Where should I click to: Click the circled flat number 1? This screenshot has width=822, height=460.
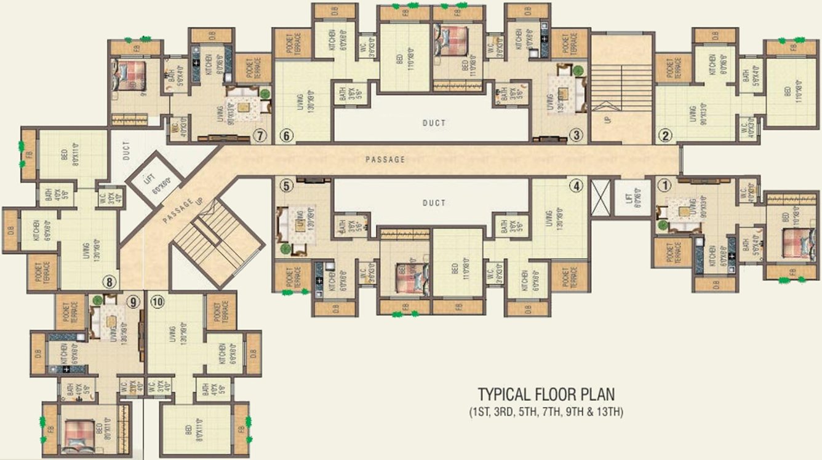coord(663,184)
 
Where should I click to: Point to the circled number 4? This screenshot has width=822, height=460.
coord(576,185)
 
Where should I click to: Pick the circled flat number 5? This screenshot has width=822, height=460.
coord(285,185)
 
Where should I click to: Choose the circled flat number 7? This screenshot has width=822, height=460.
coord(260,136)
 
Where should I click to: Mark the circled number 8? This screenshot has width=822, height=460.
coord(110,282)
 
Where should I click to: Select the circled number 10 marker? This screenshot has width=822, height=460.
coord(157,301)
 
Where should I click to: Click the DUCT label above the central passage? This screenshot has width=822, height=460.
coord(434,124)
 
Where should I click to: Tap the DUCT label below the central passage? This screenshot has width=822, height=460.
coord(434,203)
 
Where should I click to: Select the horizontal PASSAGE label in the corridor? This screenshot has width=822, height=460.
coord(385,160)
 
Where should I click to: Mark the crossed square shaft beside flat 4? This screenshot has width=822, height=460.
coord(600,197)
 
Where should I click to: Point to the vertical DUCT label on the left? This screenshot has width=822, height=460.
coord(126,151)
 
